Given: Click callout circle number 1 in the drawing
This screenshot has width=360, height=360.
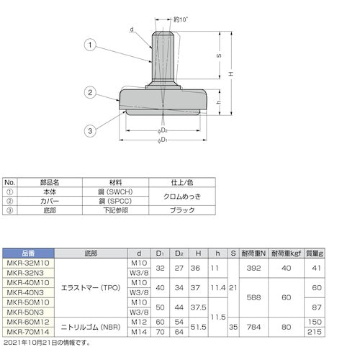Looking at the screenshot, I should click(x=91, y=45).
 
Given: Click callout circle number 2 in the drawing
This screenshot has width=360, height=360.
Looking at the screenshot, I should click(x=91, y=91).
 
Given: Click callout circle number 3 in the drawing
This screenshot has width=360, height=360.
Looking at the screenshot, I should click(x=91, y=130).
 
